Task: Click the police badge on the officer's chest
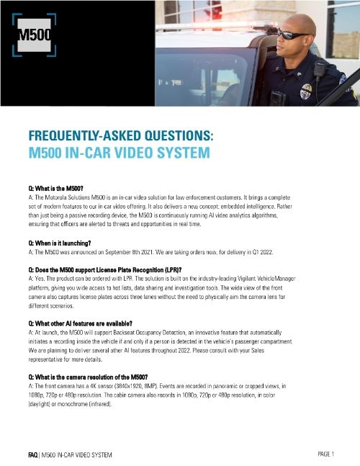click(306, 91)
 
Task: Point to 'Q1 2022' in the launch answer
click(268, 252)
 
